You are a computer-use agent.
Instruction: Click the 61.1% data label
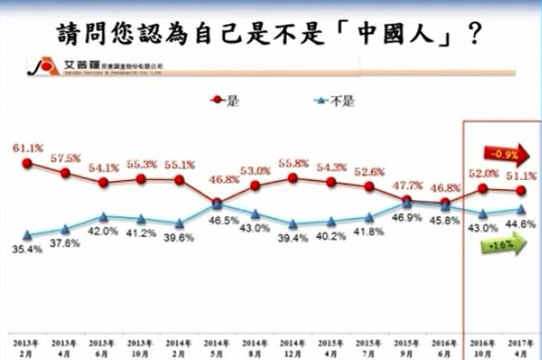[x=27, y=148]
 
